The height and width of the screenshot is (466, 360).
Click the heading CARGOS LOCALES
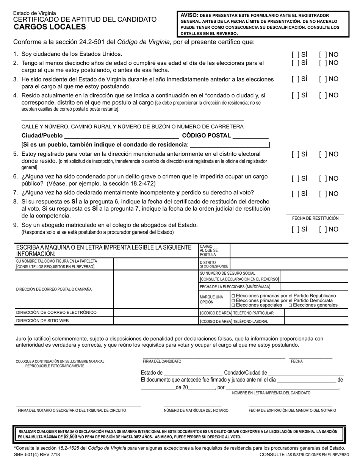(50, 27)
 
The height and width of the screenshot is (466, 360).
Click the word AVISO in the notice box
(188, 15)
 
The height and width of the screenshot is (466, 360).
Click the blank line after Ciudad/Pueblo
(122, 136)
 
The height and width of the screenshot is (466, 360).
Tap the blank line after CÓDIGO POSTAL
(251, 136)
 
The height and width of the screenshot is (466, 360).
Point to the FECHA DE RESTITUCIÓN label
(315, 218)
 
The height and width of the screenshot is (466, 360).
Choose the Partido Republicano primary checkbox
(233, 296)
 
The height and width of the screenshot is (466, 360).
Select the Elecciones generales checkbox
(290, 305)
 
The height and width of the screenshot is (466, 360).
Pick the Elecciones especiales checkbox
(233, 305)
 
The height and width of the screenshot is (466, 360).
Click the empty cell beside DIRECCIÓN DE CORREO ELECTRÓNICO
(155, 313)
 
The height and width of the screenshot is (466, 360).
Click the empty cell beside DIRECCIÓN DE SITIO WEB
(155, 321)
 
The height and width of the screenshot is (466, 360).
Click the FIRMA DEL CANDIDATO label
(162, 361)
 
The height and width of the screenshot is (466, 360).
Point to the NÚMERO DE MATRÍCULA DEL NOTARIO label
(196, 410)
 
